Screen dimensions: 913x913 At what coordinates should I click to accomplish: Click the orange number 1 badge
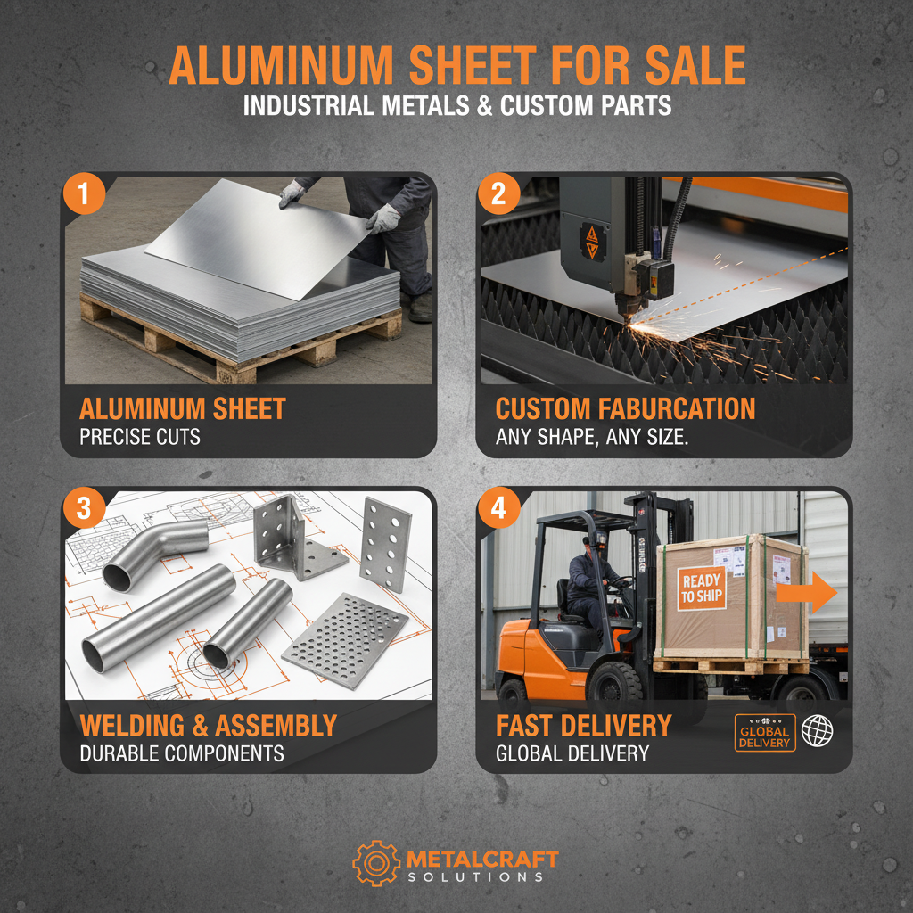(83, 195)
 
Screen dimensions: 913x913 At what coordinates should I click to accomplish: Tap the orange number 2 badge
(498, 195)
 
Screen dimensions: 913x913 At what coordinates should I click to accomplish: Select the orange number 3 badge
(83, 509)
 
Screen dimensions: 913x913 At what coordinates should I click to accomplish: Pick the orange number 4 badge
(498, 509)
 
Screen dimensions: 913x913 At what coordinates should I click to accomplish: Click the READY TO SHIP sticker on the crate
(702, 588)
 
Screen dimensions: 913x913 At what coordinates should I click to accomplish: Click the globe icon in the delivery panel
(817, 732)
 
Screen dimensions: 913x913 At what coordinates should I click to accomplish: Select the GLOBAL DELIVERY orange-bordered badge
(764, 733)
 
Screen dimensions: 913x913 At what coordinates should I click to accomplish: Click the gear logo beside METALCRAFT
(375, 862)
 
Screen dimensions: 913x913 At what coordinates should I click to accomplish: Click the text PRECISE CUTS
(140, 438)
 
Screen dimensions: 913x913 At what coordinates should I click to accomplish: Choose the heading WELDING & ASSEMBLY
(209, 725)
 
